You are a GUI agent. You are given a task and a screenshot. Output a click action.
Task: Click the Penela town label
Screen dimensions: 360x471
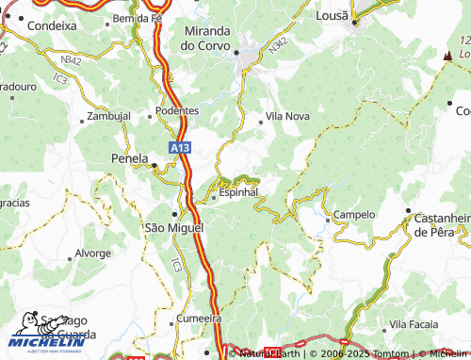tap(130, 157)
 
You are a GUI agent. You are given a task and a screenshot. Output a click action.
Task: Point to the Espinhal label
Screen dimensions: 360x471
tap(238, 193)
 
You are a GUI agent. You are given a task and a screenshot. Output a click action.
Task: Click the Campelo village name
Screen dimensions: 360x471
tap(354, 215)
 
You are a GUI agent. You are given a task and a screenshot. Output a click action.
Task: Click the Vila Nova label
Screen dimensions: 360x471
tap(287, 116)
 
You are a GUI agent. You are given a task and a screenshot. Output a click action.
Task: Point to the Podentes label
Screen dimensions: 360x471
tap(177, 110)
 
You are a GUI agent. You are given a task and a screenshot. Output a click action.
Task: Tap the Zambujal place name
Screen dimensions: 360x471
tap(108, 117)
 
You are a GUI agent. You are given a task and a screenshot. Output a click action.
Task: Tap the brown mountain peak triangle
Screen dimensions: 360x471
tap(447, 57)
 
